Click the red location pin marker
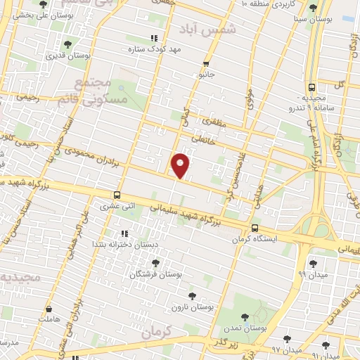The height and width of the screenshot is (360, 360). coord(181,165)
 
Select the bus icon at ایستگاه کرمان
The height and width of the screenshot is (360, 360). coord(255,228)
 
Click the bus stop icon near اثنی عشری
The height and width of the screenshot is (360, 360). coord(117,195)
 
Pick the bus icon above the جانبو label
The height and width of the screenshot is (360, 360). coord(205,63)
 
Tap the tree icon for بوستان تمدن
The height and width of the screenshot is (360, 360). coord(244,317)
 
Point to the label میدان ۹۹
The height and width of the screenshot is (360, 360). coord(312,273)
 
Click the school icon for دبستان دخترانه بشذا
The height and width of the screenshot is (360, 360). coord(124,233)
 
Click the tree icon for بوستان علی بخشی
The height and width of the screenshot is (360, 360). coord(43,4)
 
